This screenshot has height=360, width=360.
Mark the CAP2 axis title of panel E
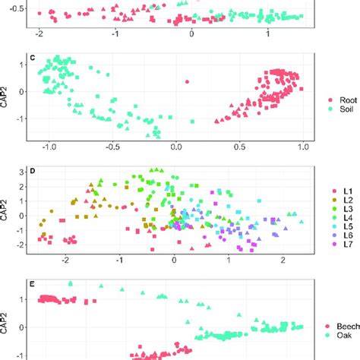(x=6, y=320)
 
